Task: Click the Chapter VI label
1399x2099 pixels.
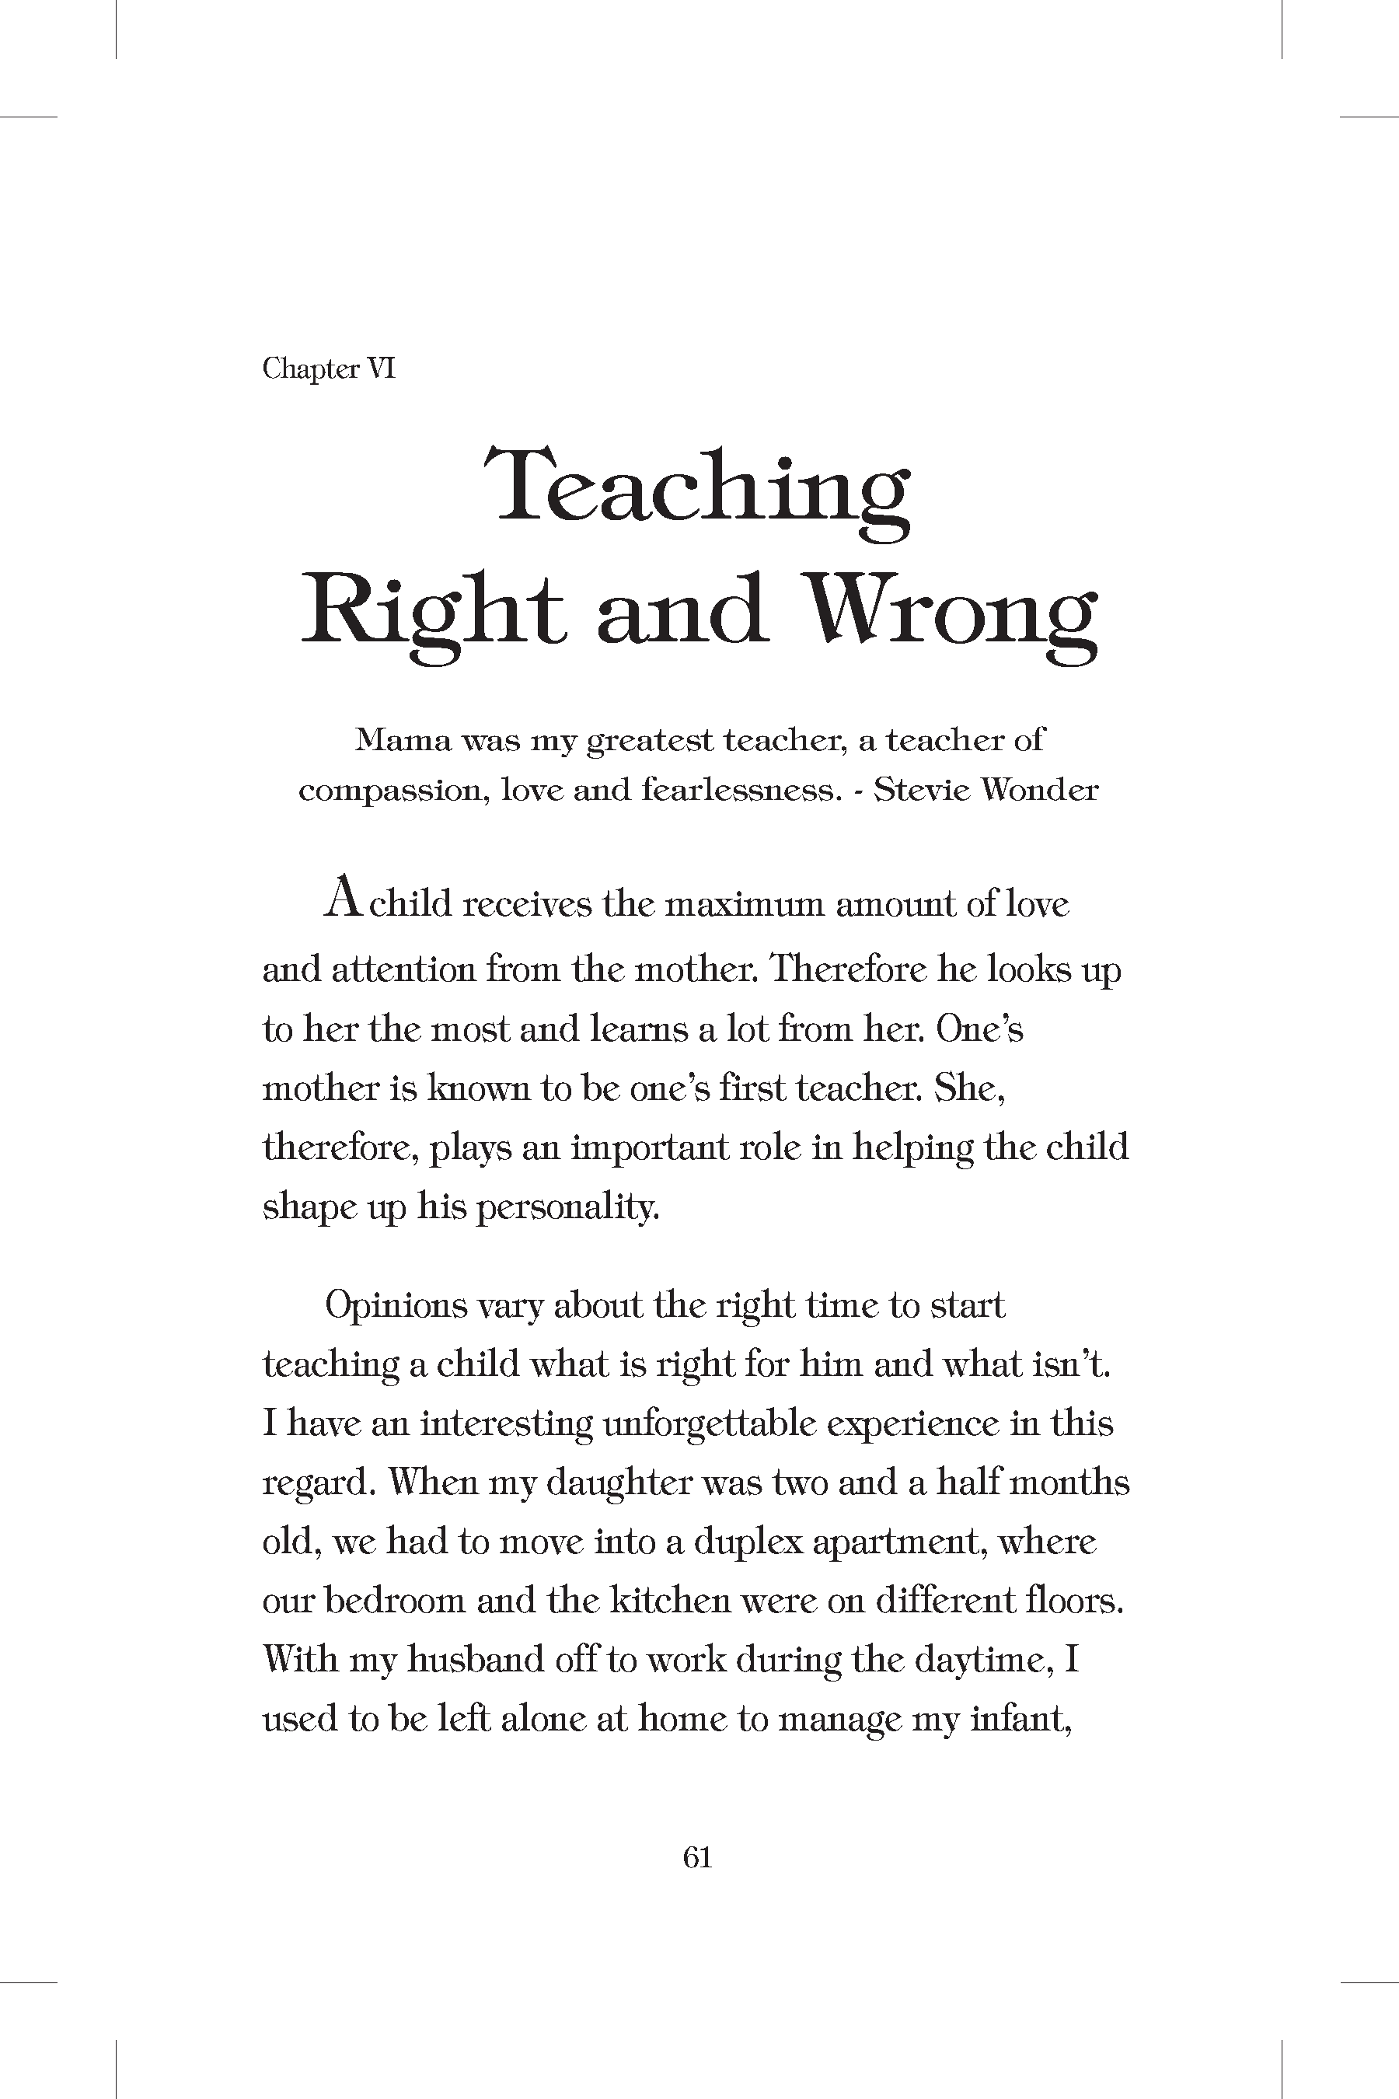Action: coord(328,368)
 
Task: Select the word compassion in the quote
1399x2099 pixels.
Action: coord(392,791)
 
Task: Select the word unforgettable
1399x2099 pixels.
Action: coord(710,1424)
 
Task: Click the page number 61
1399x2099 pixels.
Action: coord(698,1857)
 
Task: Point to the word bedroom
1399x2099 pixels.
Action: coord(391,1601)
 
